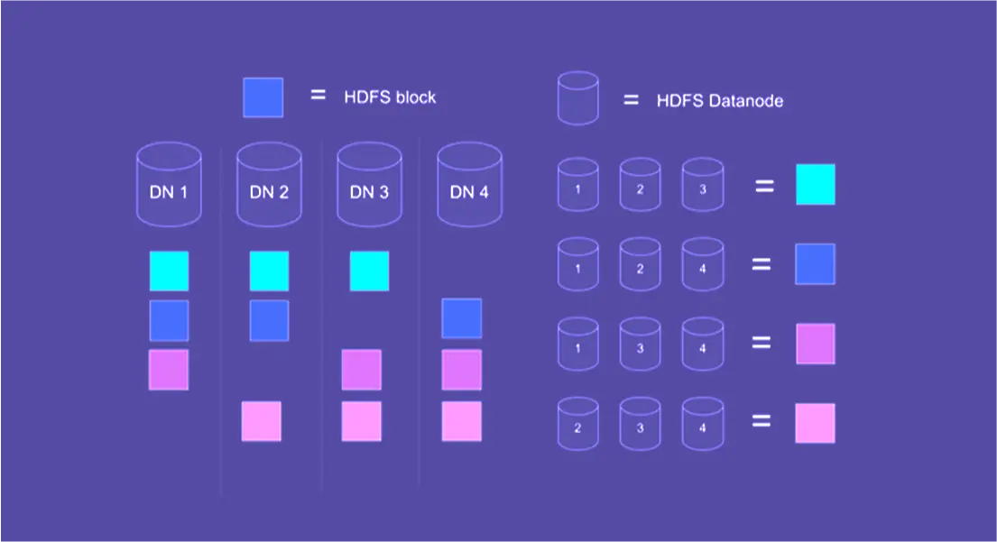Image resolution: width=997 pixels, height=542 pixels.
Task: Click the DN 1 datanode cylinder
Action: point(168,185)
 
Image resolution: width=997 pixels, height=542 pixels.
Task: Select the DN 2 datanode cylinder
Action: point(269,185)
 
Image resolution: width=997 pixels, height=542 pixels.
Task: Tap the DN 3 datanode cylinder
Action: point(369,185)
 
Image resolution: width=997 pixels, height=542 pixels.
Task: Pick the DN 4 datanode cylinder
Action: point(469,185)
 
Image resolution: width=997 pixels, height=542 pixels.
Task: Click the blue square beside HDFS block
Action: point(263,97)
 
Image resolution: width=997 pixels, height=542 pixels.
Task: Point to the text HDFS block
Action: point(390,97)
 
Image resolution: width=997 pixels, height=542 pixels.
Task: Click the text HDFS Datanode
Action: point(719,101)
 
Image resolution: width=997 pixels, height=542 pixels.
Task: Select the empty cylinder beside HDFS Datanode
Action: point(577,98)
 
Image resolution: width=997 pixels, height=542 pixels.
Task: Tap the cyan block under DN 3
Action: point(369,271)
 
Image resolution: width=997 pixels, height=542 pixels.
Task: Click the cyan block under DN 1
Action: point(169,271)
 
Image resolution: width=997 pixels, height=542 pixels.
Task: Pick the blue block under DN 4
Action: point(461,318)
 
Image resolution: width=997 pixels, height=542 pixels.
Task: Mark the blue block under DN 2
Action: point(269,320)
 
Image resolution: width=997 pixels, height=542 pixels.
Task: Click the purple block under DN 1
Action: point(169,370)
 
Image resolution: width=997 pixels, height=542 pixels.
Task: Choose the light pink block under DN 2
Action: point(261,421)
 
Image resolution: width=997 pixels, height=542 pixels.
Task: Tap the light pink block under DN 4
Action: point(461,421)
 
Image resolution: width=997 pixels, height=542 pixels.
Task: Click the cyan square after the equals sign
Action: point(815,184)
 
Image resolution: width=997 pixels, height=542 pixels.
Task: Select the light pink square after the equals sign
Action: point(815,423)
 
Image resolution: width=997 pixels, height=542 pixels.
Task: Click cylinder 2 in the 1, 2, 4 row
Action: point(640,265)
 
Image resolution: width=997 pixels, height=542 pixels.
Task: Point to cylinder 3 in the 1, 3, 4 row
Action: point(640,344)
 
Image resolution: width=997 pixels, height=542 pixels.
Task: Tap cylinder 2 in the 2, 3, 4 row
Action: point(577,424)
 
